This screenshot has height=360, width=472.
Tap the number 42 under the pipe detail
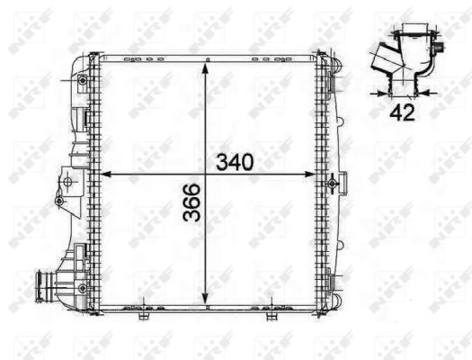[402, 112]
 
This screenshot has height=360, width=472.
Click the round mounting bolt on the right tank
[333, 184]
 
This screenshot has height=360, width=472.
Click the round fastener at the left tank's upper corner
[82, 82]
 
